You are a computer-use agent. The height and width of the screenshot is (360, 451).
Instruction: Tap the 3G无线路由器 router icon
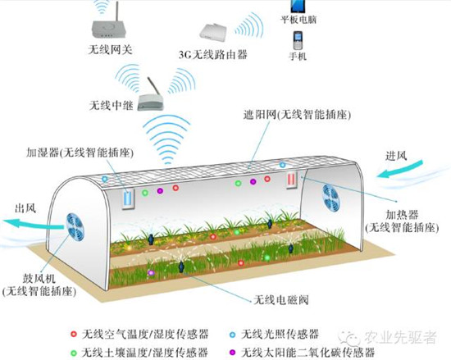(x=213, y=32)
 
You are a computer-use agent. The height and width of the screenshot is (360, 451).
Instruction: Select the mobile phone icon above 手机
(x=298, y=40)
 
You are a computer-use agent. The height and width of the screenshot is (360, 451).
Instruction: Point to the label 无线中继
(x=112, y=106)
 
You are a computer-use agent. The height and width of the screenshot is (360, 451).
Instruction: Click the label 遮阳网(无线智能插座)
(x=297, y=115)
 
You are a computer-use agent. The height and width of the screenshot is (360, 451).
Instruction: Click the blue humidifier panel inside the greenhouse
(x=128, y=198)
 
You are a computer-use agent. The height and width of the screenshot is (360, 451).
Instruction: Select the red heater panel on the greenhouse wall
(x=292, y=180)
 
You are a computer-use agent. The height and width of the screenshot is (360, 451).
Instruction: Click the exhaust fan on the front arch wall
(x=75, y=227)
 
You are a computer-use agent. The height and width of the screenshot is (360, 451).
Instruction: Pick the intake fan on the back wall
(x=330, y=198)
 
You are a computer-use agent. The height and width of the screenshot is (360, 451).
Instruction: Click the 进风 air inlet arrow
(x=399, y=170)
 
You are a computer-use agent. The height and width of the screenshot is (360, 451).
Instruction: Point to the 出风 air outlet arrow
(x=33, y=224)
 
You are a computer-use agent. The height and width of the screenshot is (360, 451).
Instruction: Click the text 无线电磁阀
(x=281, y=300)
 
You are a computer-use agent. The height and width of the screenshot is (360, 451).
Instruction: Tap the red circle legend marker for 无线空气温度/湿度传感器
(x=74, y=334)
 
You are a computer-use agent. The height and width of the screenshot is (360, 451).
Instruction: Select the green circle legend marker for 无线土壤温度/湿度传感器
(x=74, y=353)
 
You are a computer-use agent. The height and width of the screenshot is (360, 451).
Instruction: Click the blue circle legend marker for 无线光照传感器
(x=232, y=335)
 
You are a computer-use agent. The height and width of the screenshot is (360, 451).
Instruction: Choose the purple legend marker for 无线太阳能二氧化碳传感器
(x=232, y=353)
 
